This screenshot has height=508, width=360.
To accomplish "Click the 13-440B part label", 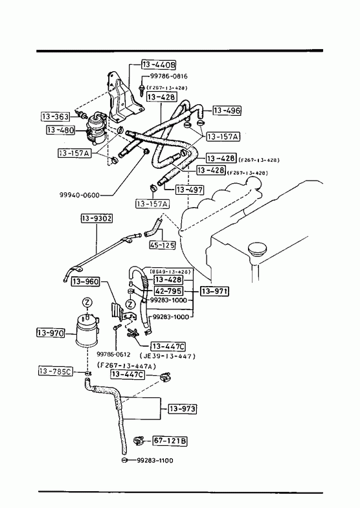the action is (159, 65).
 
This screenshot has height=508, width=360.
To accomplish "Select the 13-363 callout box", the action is (56, 116).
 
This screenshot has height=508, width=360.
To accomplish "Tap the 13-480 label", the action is (61, 130).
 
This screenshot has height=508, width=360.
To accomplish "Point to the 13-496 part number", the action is (227, 111).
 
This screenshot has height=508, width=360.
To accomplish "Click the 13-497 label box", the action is (190, 190).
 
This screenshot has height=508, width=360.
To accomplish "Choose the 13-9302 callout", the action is (96, 219).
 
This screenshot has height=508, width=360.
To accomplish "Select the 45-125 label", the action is (163, 245).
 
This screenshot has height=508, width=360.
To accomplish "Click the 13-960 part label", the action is (85, 282).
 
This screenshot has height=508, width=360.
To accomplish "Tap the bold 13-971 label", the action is (214, 291).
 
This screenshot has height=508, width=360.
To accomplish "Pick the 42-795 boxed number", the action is (168, 291).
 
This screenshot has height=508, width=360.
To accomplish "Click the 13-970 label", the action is (51, 333).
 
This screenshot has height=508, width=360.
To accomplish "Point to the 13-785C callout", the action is (56, 371).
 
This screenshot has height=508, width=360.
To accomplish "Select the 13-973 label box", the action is (182, 409).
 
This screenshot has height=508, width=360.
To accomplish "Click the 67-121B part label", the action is (170, 441).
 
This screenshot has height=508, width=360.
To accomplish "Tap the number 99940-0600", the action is (80, 195).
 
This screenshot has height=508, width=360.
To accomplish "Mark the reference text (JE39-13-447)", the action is (168, 356).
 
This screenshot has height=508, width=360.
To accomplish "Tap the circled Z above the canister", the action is (87, 303).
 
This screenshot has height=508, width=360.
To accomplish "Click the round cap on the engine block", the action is (257, 250).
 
